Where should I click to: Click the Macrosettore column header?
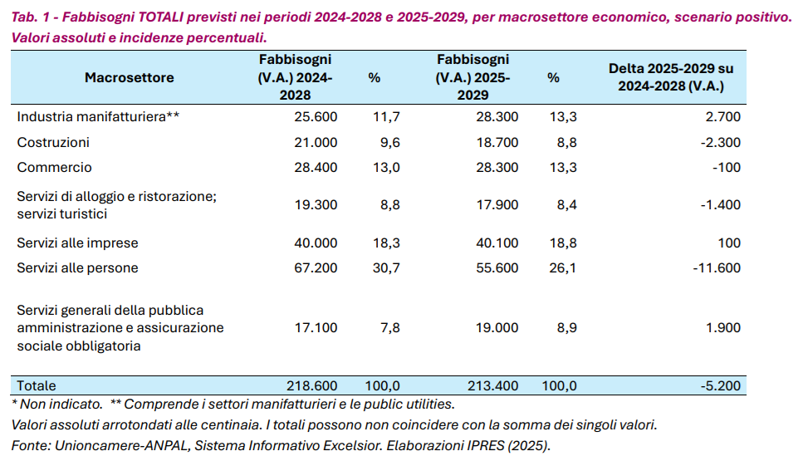129,77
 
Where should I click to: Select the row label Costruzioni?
53,142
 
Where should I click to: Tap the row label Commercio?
54,167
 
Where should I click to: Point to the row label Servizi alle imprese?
77,243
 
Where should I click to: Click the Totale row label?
37,385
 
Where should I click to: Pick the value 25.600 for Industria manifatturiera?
316,116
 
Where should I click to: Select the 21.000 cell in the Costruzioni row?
316,142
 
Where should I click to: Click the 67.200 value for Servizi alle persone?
316,267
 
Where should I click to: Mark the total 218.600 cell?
311,385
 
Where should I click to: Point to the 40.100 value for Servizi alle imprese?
497,243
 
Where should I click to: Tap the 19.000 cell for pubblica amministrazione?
497,327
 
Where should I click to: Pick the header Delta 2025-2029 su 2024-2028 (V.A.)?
671,77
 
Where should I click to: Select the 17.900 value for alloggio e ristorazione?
497,205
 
